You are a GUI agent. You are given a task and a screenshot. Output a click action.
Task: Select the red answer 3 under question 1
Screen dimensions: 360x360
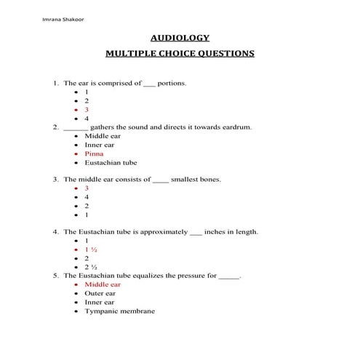point(87,110)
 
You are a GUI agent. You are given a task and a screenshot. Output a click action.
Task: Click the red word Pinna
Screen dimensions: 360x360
point(94,153)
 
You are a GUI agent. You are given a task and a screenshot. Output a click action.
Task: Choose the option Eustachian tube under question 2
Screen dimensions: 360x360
point(111,162)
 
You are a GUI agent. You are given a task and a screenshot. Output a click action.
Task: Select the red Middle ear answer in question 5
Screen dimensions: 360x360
point(103,284)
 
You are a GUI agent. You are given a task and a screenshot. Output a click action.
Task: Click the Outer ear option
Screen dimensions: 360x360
point(100,293)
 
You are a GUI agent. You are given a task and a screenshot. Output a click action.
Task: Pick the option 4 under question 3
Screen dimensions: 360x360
point(87,196)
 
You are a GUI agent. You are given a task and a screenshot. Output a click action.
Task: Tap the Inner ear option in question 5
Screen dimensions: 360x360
point(99,302)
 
